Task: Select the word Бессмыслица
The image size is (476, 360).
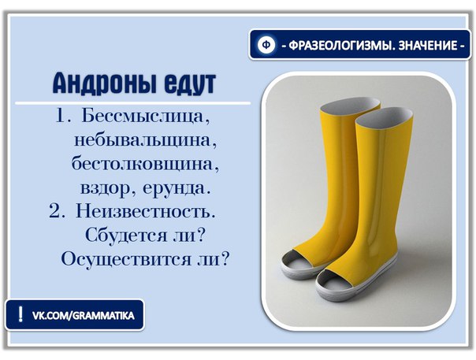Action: [145, 116]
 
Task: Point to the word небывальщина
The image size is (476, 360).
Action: [145, 140]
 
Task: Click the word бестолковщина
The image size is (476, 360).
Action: [145, 164]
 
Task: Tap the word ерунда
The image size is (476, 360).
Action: [177, 188]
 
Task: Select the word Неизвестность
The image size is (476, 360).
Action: [146, 211]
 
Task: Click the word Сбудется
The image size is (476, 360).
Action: [126, 235]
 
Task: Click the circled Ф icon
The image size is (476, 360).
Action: [266, 45]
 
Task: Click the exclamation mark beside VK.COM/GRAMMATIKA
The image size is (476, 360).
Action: [20, 314]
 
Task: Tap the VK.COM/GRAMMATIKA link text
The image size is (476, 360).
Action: [84, 315]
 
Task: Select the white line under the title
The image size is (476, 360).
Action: [132, 103]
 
